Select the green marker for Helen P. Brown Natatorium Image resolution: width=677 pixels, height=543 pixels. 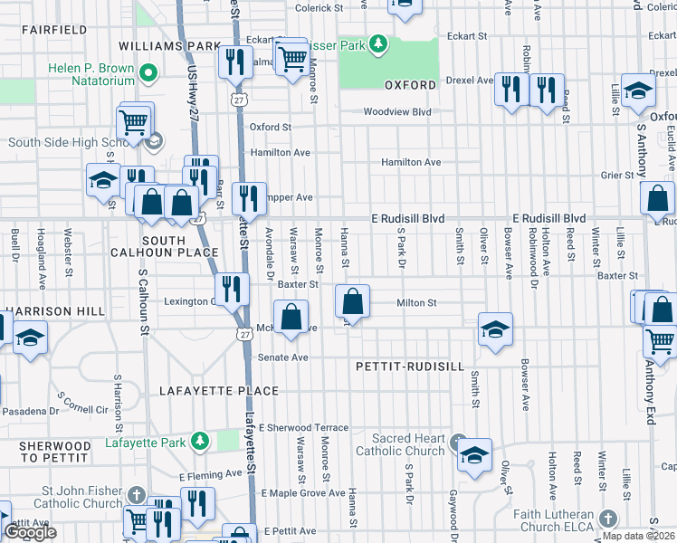(x=150, y=73)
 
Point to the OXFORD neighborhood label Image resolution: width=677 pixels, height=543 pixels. (x=410, y=85)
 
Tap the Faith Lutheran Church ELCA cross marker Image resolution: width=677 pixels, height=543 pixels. (x=608, y=519)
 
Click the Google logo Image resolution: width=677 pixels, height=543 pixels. (x=30, y=532)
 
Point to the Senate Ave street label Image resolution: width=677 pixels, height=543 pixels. (x=283, y=357)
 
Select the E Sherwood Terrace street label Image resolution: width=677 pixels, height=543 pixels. (x=302, y=427)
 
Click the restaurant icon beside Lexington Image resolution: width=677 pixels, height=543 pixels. (x=233, y=290)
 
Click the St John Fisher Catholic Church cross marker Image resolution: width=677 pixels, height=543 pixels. (x=136, y=496)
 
